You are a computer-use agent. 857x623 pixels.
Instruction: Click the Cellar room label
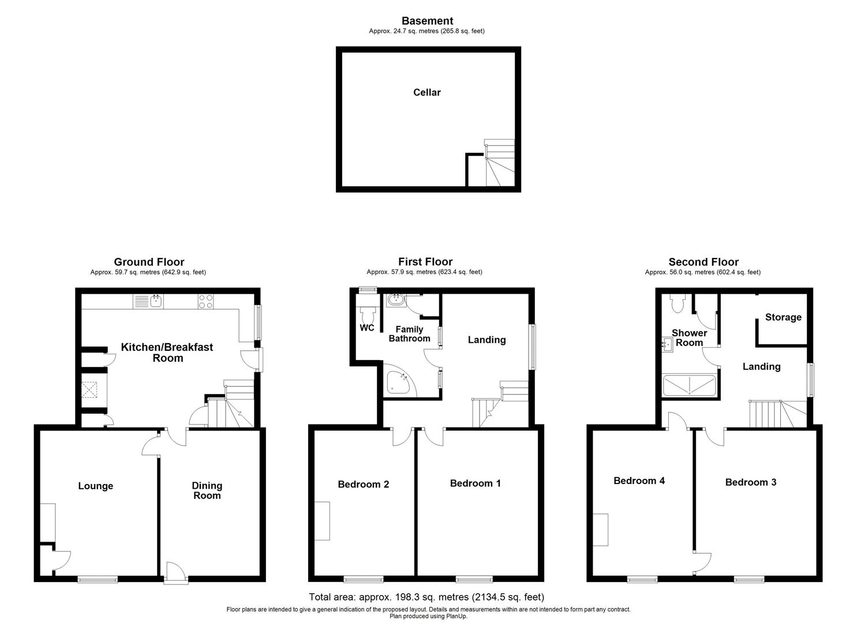pyautogui.click(x=426, y=92)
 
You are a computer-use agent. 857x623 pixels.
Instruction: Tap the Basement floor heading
pyautogui.click(x=427, y=21)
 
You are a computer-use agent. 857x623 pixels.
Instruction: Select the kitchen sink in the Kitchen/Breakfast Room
pyautogui.click(x=149, y=301)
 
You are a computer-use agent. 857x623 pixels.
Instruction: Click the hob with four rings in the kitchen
pyautogui.click(x=206, y=301)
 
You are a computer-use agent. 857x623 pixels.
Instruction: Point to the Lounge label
pyautogui.click(x=96, y=486)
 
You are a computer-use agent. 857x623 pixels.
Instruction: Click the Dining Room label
pyautogui.click(x=207, y=491)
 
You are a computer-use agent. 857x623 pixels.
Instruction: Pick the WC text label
pyautogui.click(x=367, y=328)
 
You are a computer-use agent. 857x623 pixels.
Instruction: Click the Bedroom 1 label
pyautogui.click(x=475, y=483)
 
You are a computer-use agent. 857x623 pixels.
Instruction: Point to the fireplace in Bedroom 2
pyautogui.click(x=322, y=521)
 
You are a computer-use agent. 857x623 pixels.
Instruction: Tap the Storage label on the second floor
pyautogui.click(x=783, y=317)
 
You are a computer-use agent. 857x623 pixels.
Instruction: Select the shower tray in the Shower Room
pyautogui.click(x=689, y=385)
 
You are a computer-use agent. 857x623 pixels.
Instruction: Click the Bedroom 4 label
pyautogui.click(x=639, y=481)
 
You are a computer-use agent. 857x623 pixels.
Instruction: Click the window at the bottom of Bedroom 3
pyautogui.click(x=750, y=579)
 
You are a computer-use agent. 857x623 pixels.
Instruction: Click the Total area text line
pyautogui.click(x=426, y=597)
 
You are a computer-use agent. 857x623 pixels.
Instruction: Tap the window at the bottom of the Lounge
pyautogui.click(x=98, y=579)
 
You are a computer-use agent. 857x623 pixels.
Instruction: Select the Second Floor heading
pyautogui.click(x=703, y=262)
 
